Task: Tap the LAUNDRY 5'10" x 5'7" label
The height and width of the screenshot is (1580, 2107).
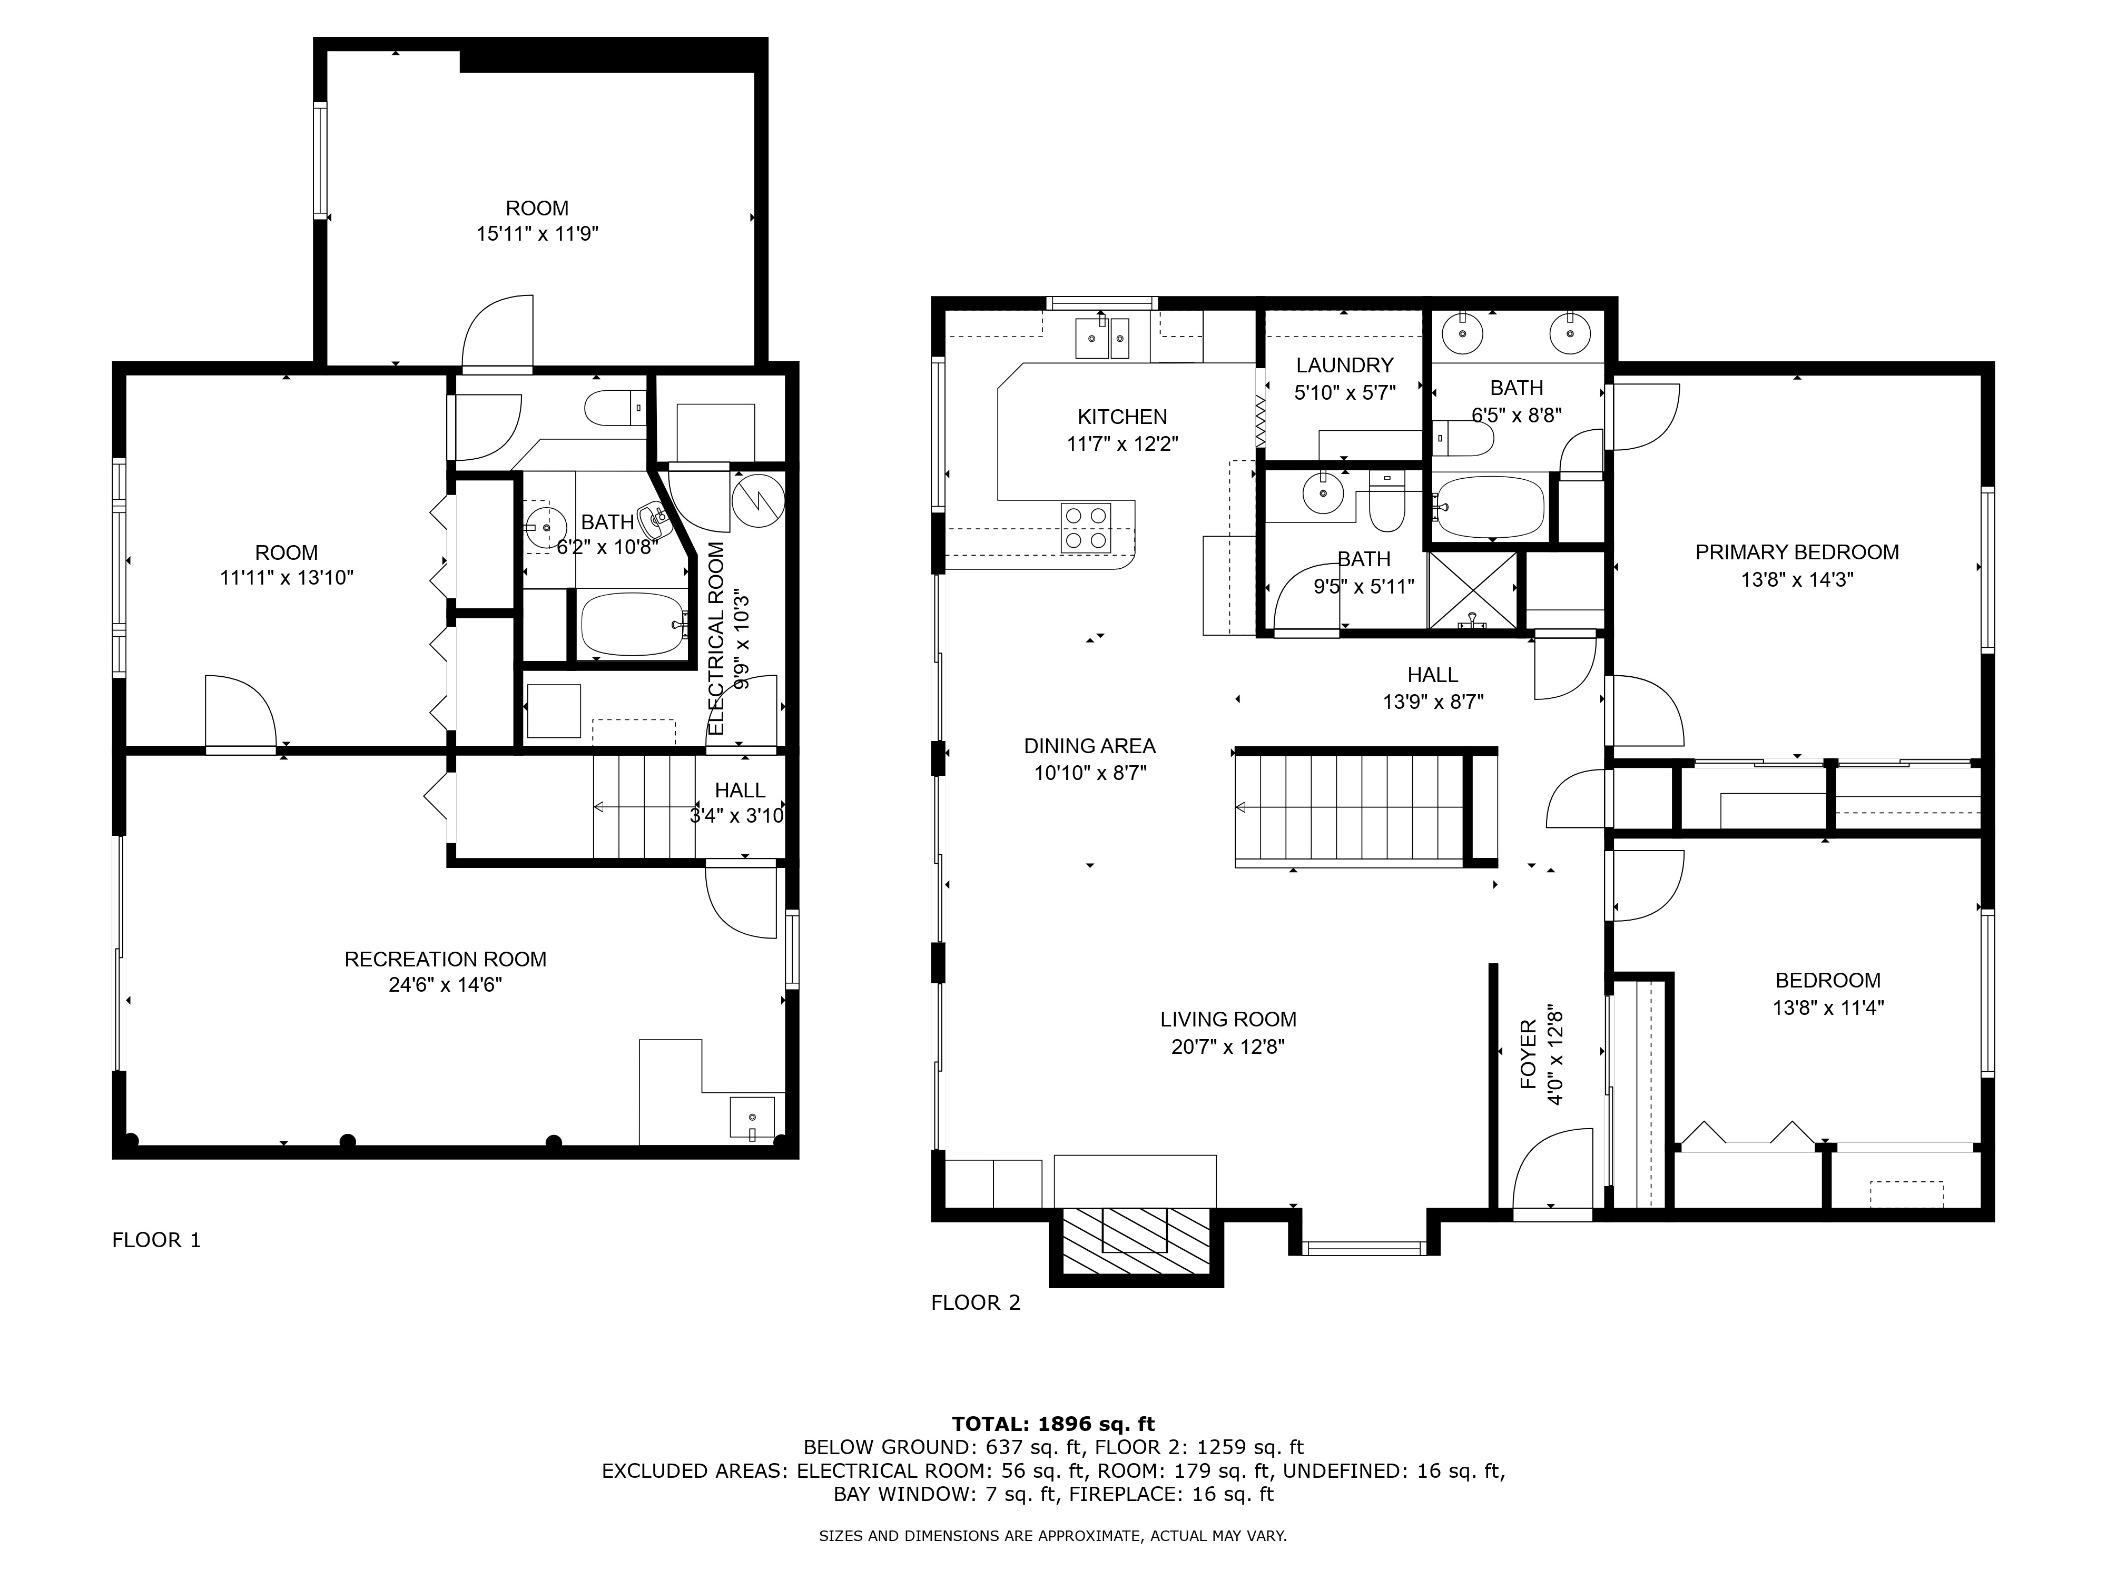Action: tap(1344, 378)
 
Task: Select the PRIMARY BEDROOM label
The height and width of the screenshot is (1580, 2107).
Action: tap(1796, 565)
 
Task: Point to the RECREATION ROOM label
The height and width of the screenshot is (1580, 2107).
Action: tap(445, 971)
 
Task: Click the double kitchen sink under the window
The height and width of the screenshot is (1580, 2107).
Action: tap(1102, 338)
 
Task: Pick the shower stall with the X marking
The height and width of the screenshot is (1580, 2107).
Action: tap(1473, 590)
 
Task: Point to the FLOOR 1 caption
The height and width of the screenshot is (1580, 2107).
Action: tap(156, 1240)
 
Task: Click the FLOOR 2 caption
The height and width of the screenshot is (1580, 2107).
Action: tap(976, 1303)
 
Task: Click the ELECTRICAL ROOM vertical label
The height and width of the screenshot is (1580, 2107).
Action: tap(717, 638)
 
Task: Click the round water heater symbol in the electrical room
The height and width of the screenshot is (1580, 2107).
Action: tap(758, 500)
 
